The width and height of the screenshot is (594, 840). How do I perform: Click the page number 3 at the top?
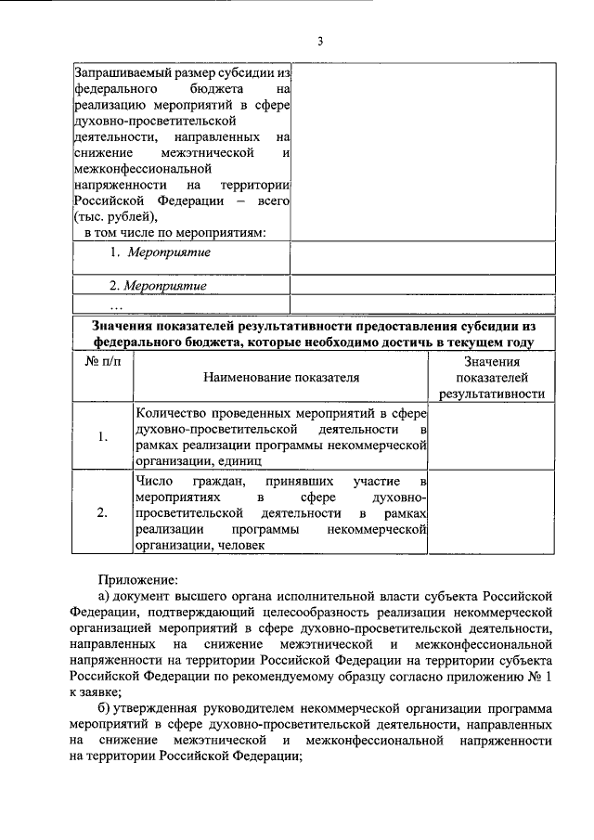pyautogui.click(x=319, y=41)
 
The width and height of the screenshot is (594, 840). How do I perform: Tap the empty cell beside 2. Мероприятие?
pyautogui.click(x=422, y=285)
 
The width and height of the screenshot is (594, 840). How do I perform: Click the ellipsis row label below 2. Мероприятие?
pyautogui.click(x=116, y=305)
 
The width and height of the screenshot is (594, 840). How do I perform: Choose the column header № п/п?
pyautogui.click(x=103, y=361)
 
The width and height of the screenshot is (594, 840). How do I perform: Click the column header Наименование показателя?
pyautogui.click(x=279, y=378)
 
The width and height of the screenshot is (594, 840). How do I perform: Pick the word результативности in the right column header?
pyautogui.click(x=491, y=394)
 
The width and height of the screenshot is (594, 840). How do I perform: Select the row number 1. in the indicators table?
pyautogui.click(x=103, y=437)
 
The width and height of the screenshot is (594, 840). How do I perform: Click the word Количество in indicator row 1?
pyautogui.click(x=170, y=412)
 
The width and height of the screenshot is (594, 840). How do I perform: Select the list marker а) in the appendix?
pyautogui.click(x=107, y=595)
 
